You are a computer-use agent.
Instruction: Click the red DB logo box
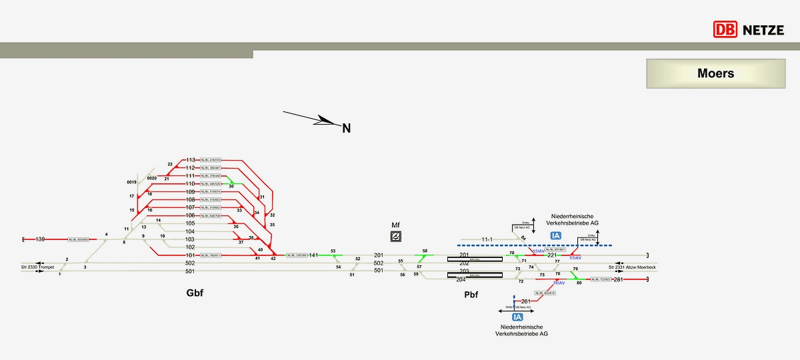[725, 29]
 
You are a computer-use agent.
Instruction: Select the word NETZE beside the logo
[763, 29]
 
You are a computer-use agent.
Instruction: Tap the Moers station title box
[715, 73]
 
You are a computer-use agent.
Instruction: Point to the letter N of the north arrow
[346, 128]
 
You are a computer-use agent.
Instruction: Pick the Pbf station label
[472, 294]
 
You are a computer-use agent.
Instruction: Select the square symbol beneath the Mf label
[396, 237]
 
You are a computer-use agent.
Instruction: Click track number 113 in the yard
[191, 160]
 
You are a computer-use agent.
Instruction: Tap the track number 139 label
[41, 239]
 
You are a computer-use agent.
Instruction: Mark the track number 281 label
[618, 279]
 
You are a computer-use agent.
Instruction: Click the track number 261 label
[526, 301]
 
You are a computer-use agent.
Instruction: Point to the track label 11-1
[487, 239]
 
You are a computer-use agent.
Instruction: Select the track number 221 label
[552, 255]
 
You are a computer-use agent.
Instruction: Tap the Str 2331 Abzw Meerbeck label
[631, 267]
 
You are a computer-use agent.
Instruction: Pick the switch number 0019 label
[131, 181]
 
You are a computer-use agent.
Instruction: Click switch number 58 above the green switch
[425, 250]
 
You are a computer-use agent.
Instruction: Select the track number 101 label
[190, 255]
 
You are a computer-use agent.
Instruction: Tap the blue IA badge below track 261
[517, 317]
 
